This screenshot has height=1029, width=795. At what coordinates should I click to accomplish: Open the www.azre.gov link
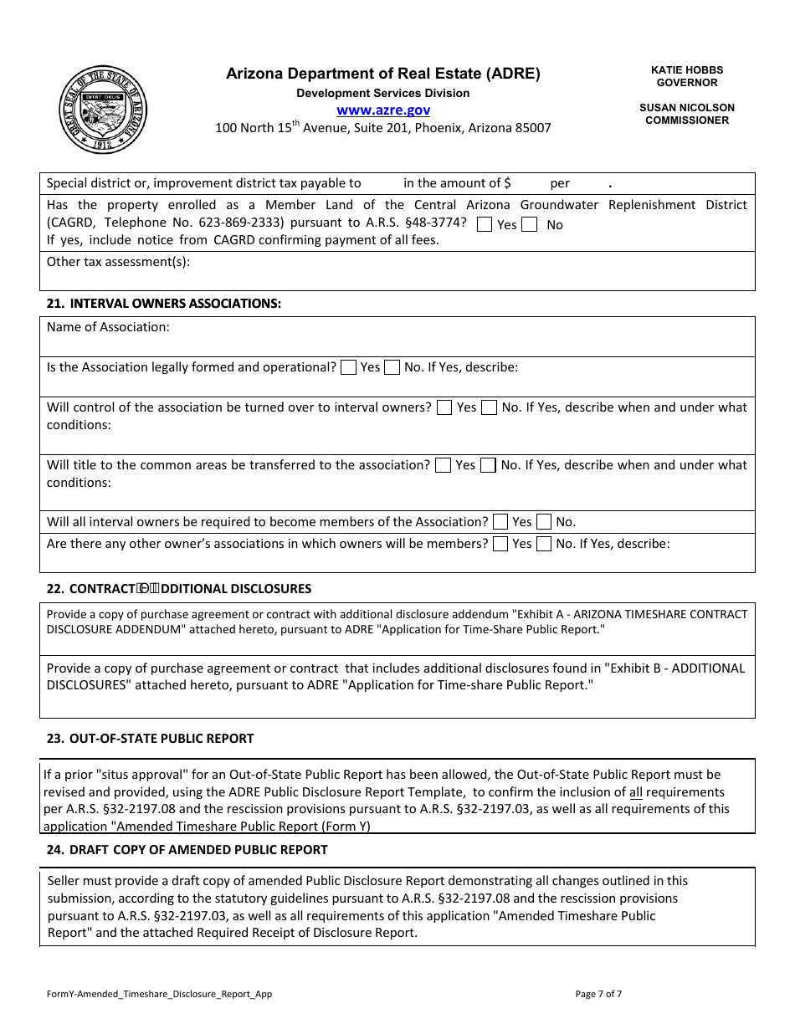pos(383,110)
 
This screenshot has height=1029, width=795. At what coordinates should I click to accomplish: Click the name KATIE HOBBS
pos(686,70)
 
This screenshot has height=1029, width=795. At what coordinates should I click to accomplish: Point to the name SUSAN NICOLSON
pos(686,108)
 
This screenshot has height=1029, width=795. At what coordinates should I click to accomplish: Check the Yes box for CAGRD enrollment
pos(485,224)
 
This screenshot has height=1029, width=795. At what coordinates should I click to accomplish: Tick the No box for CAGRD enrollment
pos(529,224)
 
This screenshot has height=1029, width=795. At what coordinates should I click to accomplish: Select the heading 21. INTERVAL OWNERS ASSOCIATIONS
pos(164,304)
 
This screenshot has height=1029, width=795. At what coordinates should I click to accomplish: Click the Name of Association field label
pos(108,327)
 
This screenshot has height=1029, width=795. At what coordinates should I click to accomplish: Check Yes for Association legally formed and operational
pos(349,367)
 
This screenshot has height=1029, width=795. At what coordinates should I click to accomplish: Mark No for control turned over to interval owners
pos(489,407)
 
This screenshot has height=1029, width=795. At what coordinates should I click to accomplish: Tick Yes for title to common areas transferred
pos(444,465)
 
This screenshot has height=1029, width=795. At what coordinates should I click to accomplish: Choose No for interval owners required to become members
pos(544,522)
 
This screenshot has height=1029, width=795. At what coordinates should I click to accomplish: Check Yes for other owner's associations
pos(500,544)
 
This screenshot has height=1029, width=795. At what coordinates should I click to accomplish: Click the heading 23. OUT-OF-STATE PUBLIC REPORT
pos(151,739)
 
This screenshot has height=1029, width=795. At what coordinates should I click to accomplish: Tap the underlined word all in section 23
pos(636,792)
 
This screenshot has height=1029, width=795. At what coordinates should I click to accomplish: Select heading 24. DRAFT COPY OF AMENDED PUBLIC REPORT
pos(187,850)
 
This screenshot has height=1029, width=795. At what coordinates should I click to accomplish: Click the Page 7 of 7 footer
pos(598,995)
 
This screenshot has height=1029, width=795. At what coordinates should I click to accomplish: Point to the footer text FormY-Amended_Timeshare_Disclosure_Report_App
pos(159,995)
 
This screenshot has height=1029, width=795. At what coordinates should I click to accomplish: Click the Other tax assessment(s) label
pos(118,262)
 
